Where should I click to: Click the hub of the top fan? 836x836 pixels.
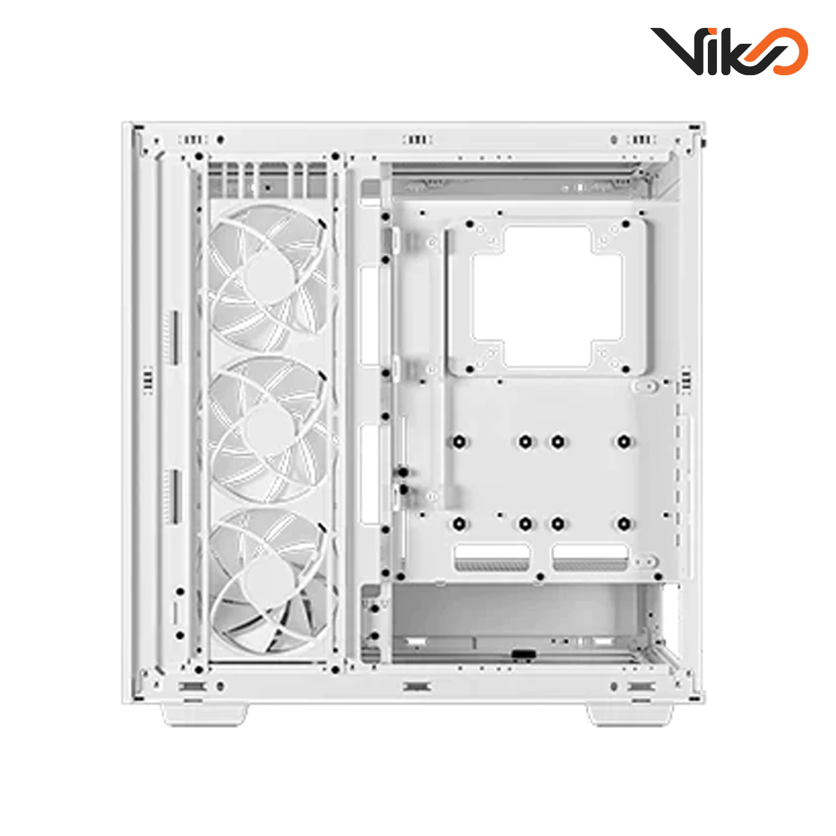(268, 276)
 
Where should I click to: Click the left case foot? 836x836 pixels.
(205, 713)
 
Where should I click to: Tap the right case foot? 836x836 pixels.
(630, 714)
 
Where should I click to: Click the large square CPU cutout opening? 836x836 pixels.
(547, 296)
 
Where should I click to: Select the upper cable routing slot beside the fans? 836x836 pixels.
(371, 315)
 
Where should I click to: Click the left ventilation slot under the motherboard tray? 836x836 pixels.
(492, 558)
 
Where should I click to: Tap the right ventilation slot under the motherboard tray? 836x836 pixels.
(590, 558)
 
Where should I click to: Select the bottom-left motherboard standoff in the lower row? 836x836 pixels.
(459, 524)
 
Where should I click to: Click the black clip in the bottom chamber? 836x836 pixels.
(522, 654)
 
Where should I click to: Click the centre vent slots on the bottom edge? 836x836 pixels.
(417, 687)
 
